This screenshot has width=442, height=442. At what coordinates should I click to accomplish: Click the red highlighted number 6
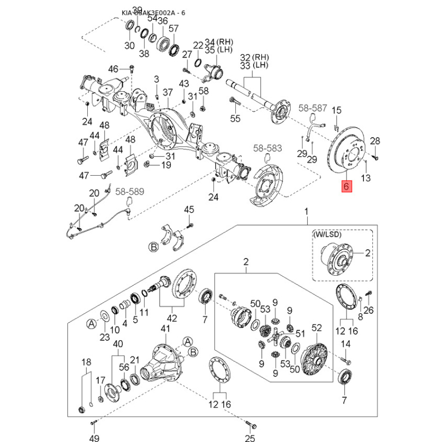click(x=346, y=187)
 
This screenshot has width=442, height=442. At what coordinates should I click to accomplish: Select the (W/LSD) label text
click(x=327, y=234)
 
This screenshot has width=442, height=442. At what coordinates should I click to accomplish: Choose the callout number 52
click(x=316, y=328)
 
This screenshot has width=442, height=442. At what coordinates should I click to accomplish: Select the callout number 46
click(x=113, y=69)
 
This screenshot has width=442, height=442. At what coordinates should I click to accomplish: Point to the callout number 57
click(x=173, y=29)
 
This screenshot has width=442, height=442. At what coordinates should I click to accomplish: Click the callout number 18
click(x=86, y=362)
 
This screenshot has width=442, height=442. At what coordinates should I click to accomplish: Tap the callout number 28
click(x=375, y=141)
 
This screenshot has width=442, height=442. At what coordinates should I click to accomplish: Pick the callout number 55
click(x=235, y=118)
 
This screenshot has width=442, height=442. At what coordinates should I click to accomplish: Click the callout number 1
click(x=306, y=212)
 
